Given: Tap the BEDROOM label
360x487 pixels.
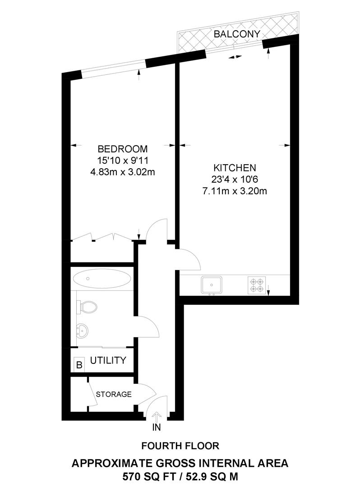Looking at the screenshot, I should (x=123, y=149).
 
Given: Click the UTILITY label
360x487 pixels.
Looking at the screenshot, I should (x=108, y=361).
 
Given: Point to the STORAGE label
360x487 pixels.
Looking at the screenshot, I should (x=114, y=394).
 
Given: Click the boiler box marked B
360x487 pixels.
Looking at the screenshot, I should (x=79, y=364).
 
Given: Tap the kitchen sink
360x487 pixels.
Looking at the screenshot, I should (x=211, y=285).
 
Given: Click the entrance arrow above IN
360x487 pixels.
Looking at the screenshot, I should (x=157, y=416).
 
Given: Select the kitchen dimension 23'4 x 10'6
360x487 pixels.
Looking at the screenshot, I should (x=235, y=179).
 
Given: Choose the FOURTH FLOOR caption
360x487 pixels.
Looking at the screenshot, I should (x=180, y=446).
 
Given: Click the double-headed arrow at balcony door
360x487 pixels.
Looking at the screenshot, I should (x=235, y=57).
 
